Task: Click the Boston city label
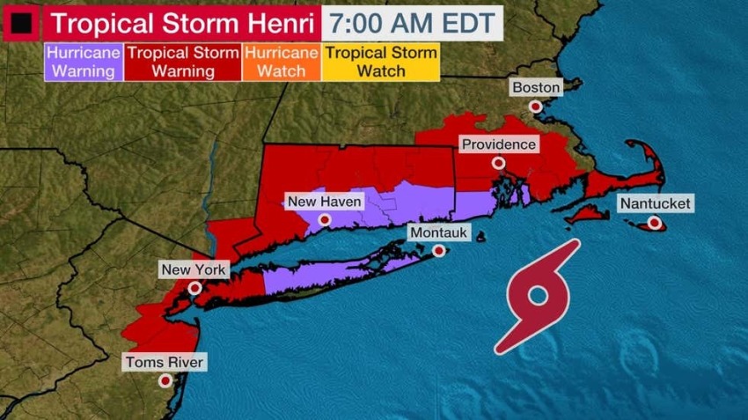535,87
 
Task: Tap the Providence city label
498,144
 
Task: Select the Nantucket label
655,203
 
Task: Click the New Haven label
325,202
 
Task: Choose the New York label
193,269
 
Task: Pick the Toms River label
165,362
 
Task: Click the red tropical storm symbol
538,298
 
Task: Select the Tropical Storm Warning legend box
183,62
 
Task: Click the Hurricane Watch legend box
281,62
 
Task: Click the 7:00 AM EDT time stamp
413,21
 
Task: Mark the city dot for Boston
535,107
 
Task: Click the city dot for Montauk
438,251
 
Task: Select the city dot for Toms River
165,381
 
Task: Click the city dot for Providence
498,163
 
